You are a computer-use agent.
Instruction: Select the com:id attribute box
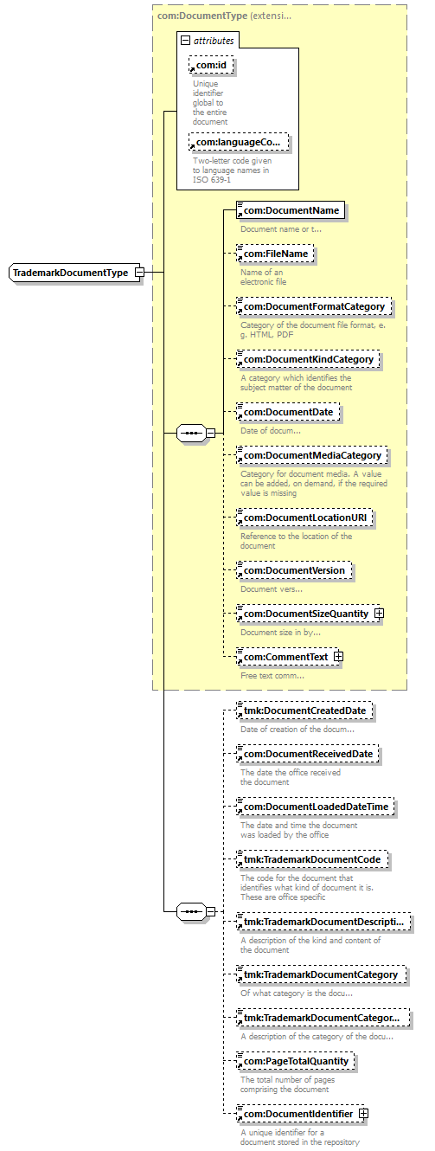211,65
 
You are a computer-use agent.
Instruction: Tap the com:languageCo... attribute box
239,142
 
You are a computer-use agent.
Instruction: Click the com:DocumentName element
291,210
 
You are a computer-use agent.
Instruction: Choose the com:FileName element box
275,254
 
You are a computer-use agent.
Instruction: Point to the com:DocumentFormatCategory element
314,306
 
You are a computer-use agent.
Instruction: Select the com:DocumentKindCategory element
308,359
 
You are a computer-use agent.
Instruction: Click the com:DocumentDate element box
288,412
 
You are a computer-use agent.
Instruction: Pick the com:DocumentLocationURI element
304,518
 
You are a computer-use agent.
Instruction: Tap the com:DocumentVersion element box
294,570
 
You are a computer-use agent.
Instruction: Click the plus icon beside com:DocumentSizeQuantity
379,613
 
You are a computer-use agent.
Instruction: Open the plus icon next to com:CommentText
338,656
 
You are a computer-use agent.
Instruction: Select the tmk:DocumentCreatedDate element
304,711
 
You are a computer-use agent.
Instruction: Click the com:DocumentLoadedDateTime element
316,807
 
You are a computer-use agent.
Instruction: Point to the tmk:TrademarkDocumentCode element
311,859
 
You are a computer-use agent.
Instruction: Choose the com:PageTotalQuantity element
295,1061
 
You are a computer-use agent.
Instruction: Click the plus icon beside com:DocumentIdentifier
363,1114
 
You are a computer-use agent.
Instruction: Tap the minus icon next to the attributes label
186,40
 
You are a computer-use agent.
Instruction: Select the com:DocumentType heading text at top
202,16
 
